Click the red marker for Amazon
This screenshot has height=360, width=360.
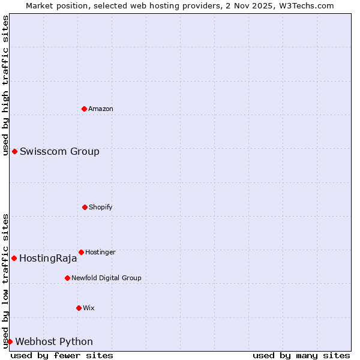84,109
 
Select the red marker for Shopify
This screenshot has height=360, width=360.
85,207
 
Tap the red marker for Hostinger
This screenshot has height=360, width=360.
81,252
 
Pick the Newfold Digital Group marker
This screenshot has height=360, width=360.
67,278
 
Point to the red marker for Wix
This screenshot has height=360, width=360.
79,308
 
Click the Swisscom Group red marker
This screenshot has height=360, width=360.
14,151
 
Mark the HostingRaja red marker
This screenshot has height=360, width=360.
14,258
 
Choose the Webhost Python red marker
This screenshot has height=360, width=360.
10,341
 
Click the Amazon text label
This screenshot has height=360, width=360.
101,109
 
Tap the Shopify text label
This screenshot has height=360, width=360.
101,207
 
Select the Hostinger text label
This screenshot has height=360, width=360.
100,252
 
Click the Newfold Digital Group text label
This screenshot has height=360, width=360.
106,278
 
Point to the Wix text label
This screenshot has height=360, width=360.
89,308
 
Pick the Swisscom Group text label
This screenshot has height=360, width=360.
59,151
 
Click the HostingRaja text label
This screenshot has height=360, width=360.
48,259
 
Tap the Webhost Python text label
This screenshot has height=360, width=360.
54,342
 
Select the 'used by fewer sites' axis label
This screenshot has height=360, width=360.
62,355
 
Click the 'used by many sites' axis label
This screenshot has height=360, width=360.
301,355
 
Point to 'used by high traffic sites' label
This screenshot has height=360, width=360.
5,85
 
